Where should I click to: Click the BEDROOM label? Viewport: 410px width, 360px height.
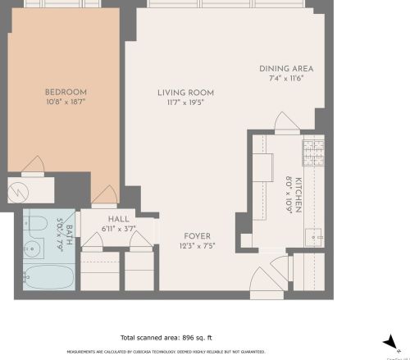(x=66, y=92)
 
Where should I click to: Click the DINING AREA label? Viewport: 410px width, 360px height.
(x=286, y=68)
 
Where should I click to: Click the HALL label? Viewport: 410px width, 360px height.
(x=118, y=219)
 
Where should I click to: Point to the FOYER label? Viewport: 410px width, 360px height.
(x=196, y=236)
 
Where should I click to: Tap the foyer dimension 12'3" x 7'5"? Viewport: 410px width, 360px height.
(x=196, y=246)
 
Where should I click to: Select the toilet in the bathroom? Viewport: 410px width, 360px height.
(x=37, y=222)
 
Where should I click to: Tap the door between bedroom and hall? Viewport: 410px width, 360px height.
(x=105, y=196)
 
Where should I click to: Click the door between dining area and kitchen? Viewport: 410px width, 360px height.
(x=287, y=123)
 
